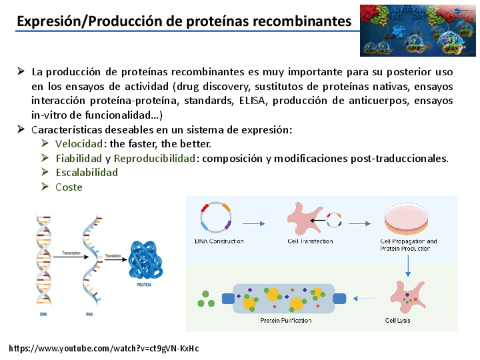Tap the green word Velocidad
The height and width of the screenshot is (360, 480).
(79, 144)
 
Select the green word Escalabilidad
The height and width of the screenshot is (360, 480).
(87, 173)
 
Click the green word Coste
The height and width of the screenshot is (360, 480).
(68, 187)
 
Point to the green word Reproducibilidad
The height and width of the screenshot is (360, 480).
(154, 158)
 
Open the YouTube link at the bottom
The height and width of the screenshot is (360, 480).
(104, 349)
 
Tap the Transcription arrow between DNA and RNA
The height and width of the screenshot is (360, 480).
(72, 256)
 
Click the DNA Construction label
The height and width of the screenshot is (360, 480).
(218, 242)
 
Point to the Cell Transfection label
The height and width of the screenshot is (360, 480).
(310, 242)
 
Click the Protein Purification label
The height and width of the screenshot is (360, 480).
(286, 321)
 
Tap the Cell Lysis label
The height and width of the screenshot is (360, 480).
(397, 321)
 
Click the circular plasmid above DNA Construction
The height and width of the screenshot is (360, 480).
(216, 218)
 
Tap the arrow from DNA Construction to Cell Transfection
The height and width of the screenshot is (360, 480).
(254, 224)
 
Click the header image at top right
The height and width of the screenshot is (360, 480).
(418, 31)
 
